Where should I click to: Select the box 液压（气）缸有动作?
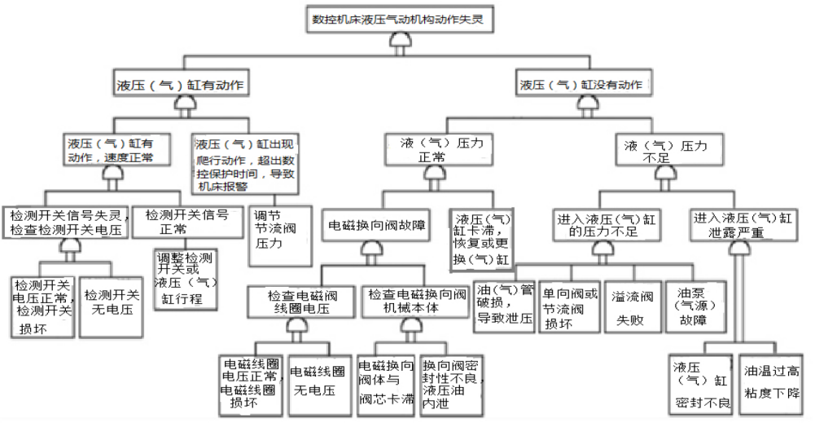tap(182, 84)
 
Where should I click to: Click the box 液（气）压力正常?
tap(436, 151)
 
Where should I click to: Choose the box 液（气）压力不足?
tap(665, 151)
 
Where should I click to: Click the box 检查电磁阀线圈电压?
tap(302, 301)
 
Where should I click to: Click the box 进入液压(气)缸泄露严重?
tap(742, 225)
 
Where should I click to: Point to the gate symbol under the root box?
tap(399, 46)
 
